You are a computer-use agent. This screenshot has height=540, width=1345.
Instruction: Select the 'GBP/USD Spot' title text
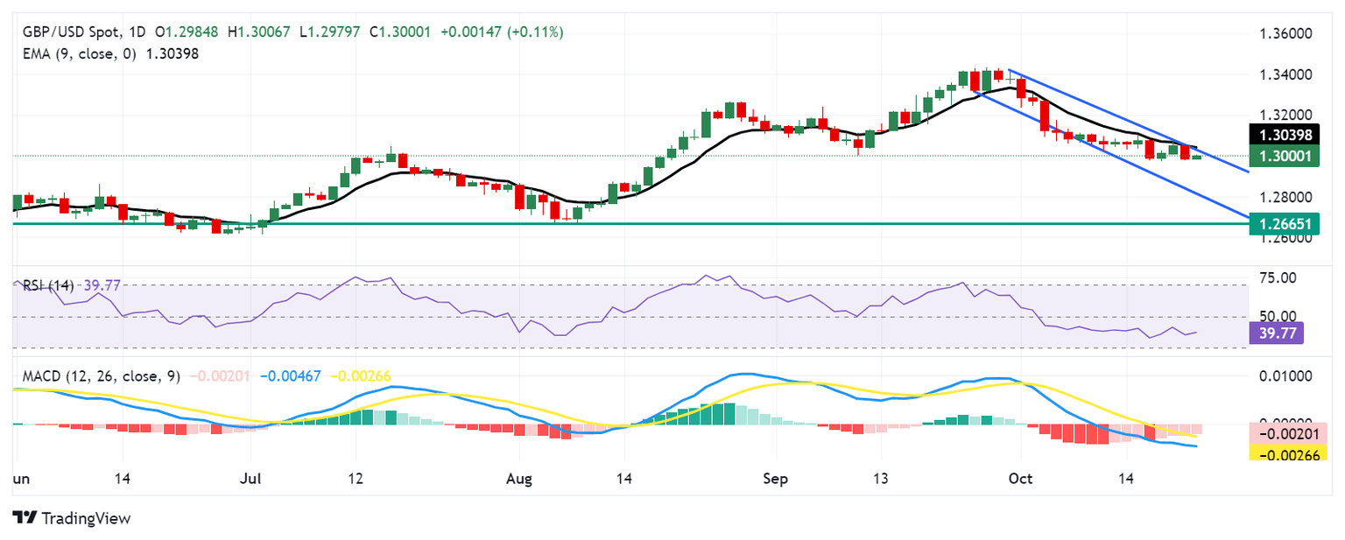pyautogui.click(x=60, y=32)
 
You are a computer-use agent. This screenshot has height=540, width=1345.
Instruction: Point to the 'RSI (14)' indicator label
pyautogui.click(x=44, y=284)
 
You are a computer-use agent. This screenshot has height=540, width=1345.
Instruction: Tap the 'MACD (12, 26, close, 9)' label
pyautogui.click(x=96, y=376)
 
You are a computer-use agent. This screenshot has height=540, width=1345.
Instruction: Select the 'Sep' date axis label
pyautogui.click(x=775, y=480)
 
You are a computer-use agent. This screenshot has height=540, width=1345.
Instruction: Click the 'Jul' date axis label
pyautogui.click(x=250, y=480)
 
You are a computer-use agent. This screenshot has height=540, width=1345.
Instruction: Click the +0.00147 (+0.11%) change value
pyautogui.click(x=501, y=32)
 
